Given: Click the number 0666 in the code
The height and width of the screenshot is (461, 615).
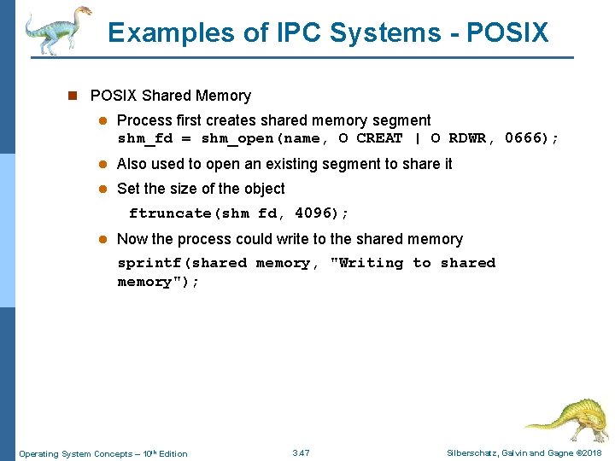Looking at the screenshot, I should coord(527,138).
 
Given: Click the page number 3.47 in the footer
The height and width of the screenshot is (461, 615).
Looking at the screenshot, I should coord(301,452).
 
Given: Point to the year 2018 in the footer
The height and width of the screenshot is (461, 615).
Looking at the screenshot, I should coord(590,452).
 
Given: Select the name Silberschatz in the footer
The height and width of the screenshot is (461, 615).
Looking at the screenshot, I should coord(474,452).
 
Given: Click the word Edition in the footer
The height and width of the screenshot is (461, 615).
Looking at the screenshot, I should coord(173,453).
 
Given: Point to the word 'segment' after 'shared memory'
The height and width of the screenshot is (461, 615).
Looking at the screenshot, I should coord(402,120).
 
